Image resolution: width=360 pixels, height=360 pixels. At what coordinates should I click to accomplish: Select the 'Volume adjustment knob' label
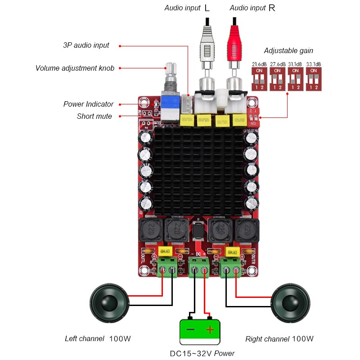click(x=75, y=68)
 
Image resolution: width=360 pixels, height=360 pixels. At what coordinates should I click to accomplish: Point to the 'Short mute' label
click(x=94, y=117)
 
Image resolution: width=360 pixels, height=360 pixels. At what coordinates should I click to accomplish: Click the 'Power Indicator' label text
click(x=88, y=104)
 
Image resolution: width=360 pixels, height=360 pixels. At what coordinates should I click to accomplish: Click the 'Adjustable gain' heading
click(x=288, y=51)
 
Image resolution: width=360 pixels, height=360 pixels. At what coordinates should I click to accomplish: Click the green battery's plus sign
click(x=210, y=330)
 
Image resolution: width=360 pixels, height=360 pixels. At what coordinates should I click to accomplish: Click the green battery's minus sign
click(x=191, y=330)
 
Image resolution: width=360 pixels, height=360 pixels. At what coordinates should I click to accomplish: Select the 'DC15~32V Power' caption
click(x=202, y=353)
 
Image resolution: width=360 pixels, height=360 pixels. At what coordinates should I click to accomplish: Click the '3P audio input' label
click(x=86, y=45)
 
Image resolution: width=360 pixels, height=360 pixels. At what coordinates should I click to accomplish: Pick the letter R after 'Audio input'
click(x=272, y=8)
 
